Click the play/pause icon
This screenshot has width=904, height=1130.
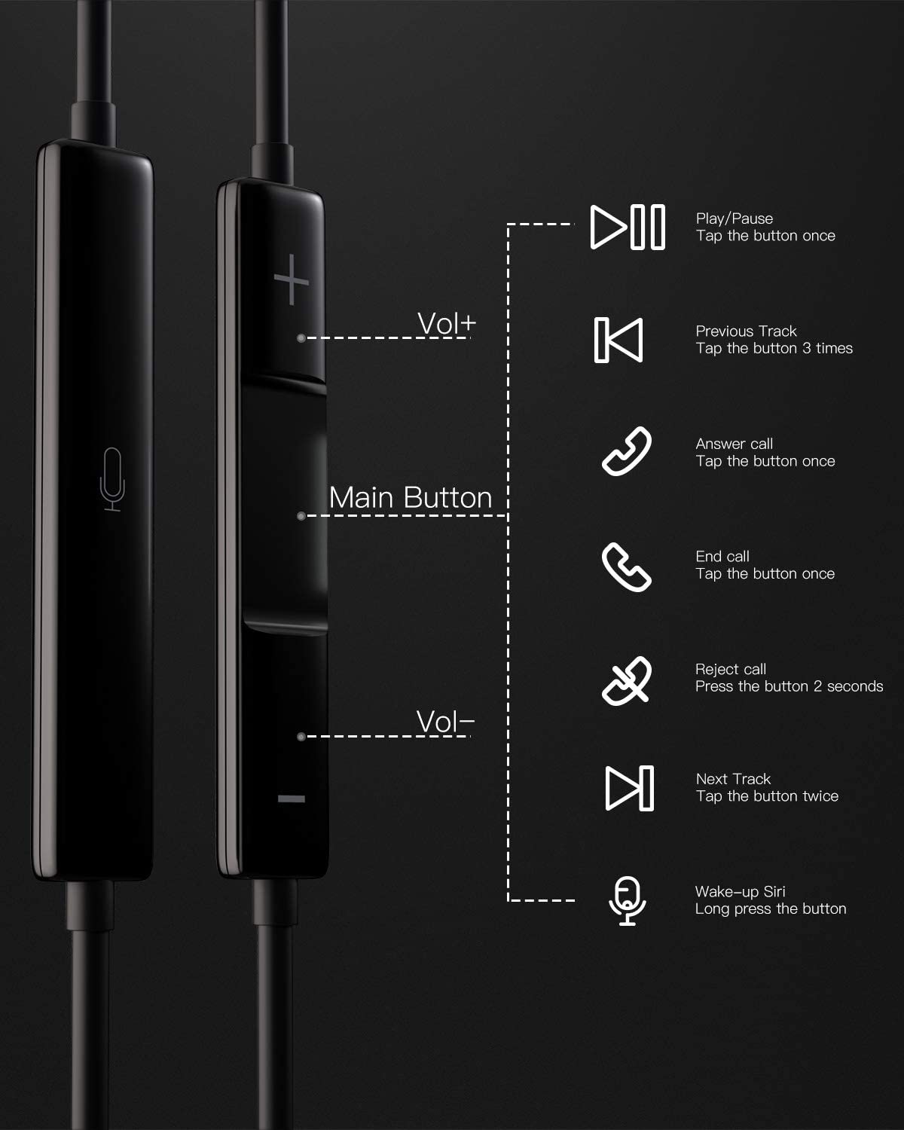(x=628, y=227)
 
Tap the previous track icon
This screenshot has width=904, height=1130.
(x=618, y=340)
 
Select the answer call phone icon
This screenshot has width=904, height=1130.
(x=626, y=451)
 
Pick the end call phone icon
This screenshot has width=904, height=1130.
(x=626, y=567)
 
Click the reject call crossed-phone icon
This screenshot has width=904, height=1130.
(x=626, y=680)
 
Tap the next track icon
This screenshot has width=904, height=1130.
(x=629, y=788)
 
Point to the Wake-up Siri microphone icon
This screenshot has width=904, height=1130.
(x=628, y=901)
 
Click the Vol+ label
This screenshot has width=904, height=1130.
(x=447, y=323)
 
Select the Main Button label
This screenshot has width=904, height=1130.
(x=411, y=497)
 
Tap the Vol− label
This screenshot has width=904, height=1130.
(x=445, y=722)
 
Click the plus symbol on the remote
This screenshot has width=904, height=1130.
(x=291, y=280)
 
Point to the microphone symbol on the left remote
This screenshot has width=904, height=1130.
(x=112, y=479)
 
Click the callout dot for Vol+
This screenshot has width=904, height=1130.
(x=301, y=338)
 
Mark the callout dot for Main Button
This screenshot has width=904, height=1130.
(x=301, y=516)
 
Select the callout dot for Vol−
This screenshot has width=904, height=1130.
(x=301, y=737)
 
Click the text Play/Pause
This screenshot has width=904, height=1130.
(x=734, y=218)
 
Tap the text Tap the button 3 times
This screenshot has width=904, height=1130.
(x=774, y=349)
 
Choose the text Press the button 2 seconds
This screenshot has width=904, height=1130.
(x=789, y=686)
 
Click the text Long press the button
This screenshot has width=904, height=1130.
(x=771, y=909)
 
